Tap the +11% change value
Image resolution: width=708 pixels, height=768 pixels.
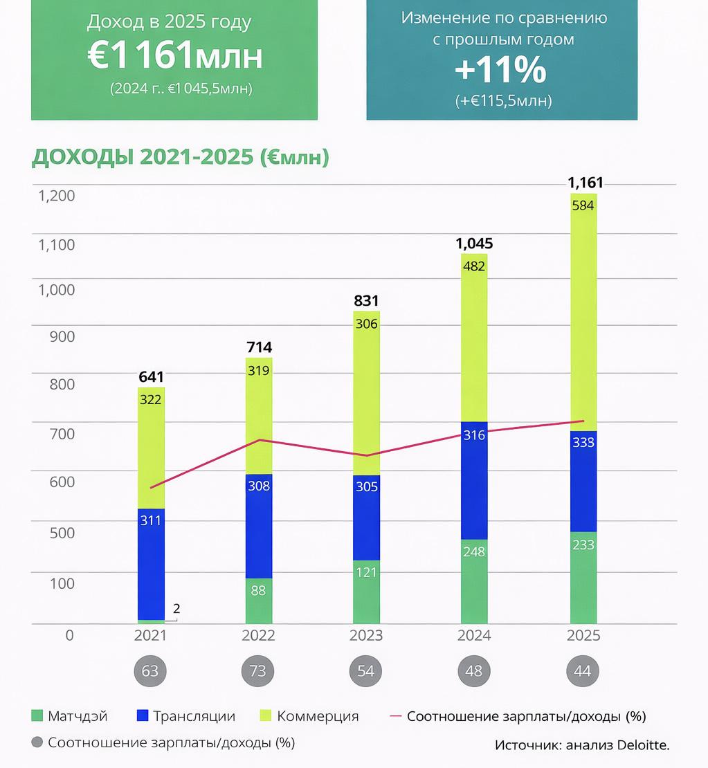pos(500,71)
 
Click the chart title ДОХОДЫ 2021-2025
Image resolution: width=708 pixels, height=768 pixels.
pos(180,158)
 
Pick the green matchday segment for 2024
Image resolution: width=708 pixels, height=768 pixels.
pos(474,581)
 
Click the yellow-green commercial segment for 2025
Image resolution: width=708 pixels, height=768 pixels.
pos(583,311)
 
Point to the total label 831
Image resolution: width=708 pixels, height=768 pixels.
pos(366,301)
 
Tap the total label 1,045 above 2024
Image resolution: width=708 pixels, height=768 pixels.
pos(474,244)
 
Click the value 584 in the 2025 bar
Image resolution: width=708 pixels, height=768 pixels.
pos(583,205)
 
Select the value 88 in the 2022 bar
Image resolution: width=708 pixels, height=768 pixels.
pos(258,592)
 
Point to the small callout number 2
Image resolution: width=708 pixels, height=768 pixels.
pos(176,609)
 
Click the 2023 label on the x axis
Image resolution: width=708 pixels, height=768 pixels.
pos(366,636)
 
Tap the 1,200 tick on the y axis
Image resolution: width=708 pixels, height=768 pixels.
pos(57,196)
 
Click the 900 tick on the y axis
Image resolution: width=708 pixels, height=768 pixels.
pos(62,337)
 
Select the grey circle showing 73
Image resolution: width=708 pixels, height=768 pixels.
pos(258,671)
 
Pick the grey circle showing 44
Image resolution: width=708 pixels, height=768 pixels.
pos(583,671)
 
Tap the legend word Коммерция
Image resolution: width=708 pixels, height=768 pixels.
pos(318,716)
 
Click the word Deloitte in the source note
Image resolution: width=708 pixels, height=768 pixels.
pos(643,745)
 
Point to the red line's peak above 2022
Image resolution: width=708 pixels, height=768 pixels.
pos(259,440)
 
